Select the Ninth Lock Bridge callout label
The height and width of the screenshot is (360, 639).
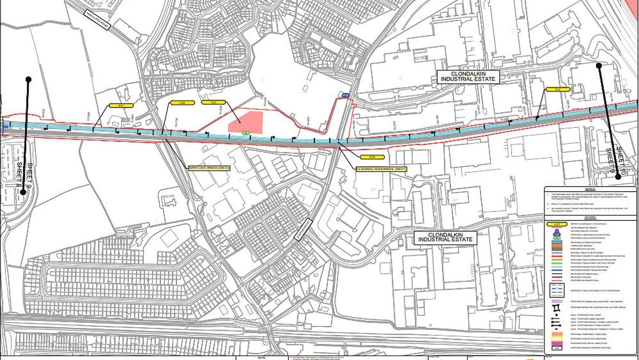click(x=208, y=168)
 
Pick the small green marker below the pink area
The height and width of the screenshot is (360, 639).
click(x=246, y=132)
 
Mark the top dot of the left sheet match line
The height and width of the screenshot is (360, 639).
click(x=28, y=79)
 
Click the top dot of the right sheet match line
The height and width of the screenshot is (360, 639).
click(x=599, y=65)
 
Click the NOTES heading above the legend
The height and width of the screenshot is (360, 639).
click(x=590, y=189)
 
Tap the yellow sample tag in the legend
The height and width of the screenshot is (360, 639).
click(x=557, y=224)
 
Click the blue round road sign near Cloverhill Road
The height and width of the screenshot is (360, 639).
click(x=345, y=97)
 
